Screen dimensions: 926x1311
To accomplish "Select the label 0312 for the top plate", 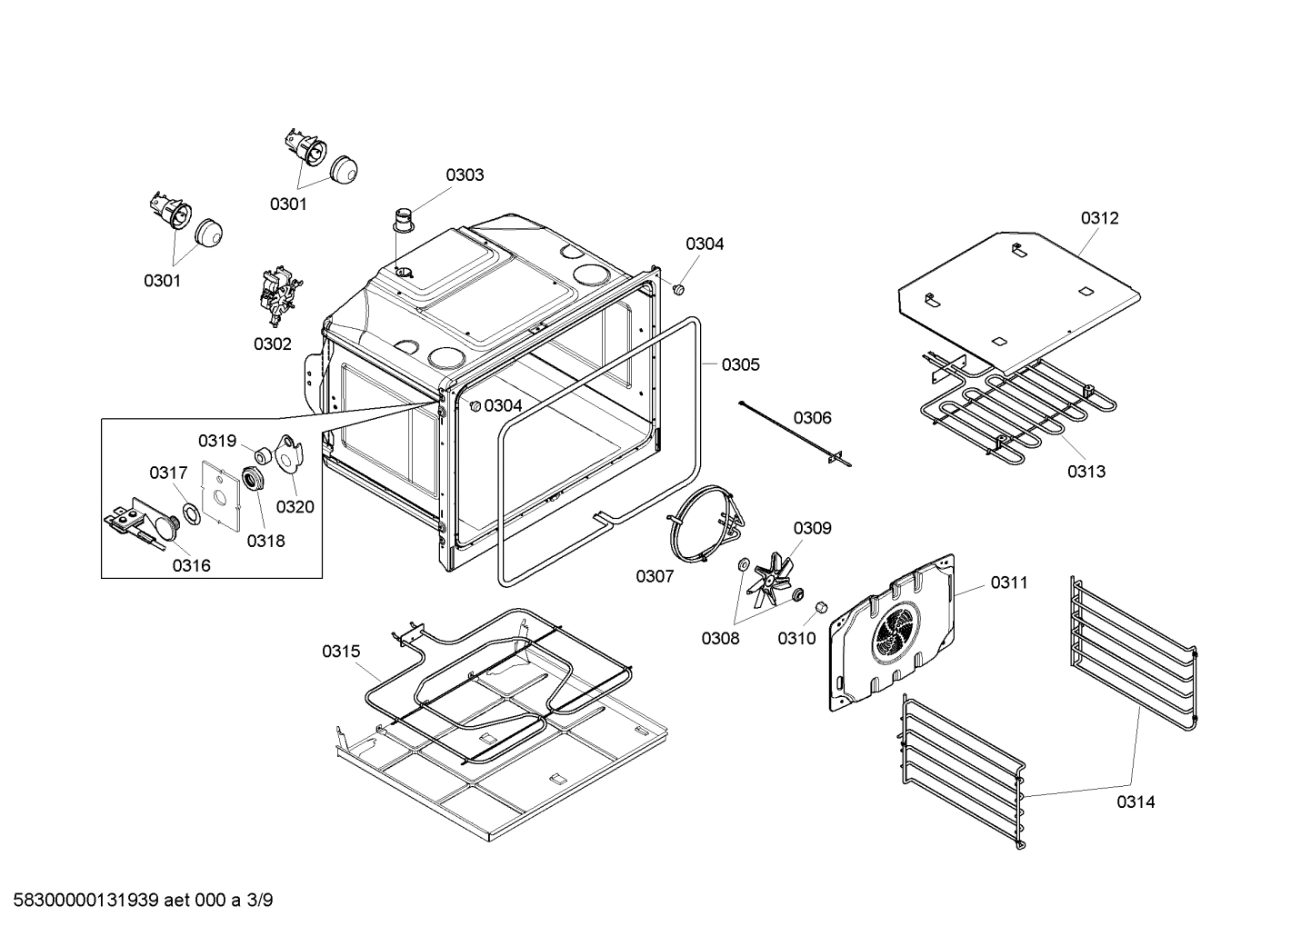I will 1099,218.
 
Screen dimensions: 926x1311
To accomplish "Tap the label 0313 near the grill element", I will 1086,471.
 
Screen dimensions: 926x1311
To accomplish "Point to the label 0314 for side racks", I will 1136,802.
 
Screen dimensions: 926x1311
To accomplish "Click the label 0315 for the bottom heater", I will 340,651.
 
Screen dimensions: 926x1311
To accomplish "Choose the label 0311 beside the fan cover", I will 1009,582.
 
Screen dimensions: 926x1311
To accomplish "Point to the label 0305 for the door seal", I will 740,364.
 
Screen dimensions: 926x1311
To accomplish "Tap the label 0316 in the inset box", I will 191,565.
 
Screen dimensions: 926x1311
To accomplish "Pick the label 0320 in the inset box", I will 295,506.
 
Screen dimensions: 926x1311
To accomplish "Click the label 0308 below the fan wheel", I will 720,638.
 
